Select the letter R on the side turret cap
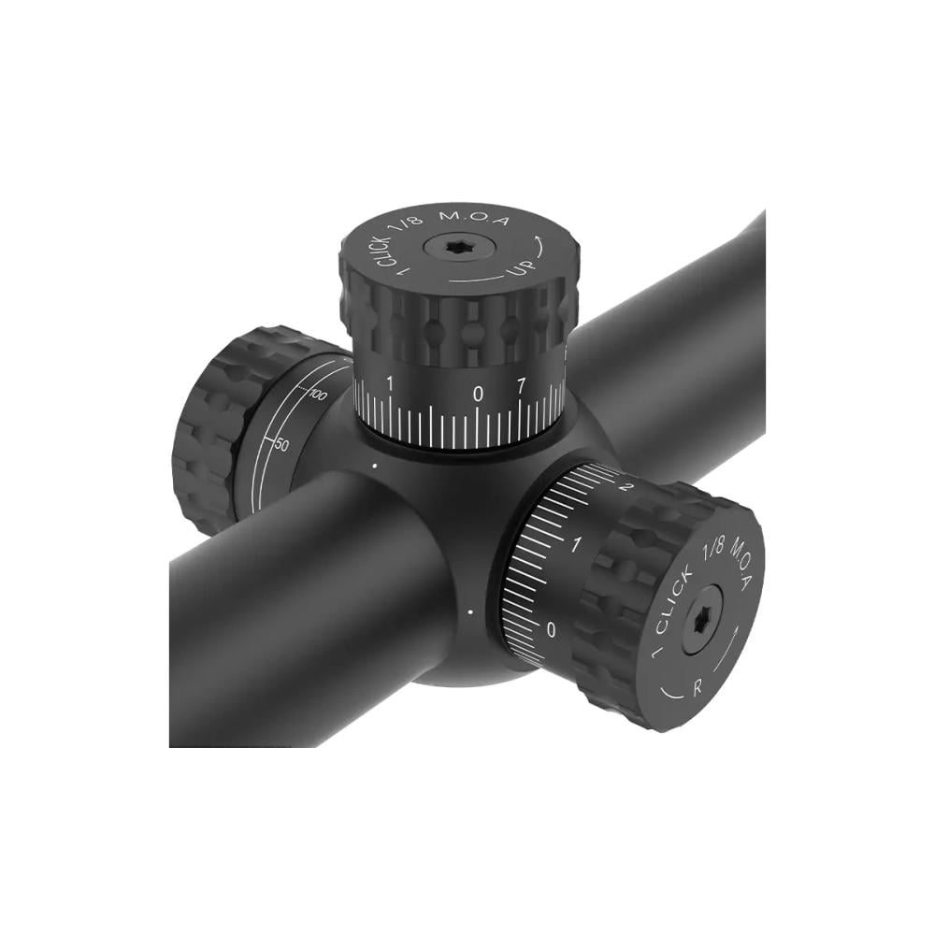click(698, 687)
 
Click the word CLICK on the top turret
click(383, 250)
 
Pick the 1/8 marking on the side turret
click(713, 547)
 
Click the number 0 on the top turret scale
click(478, 394)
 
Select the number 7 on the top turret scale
click(521, 388)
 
